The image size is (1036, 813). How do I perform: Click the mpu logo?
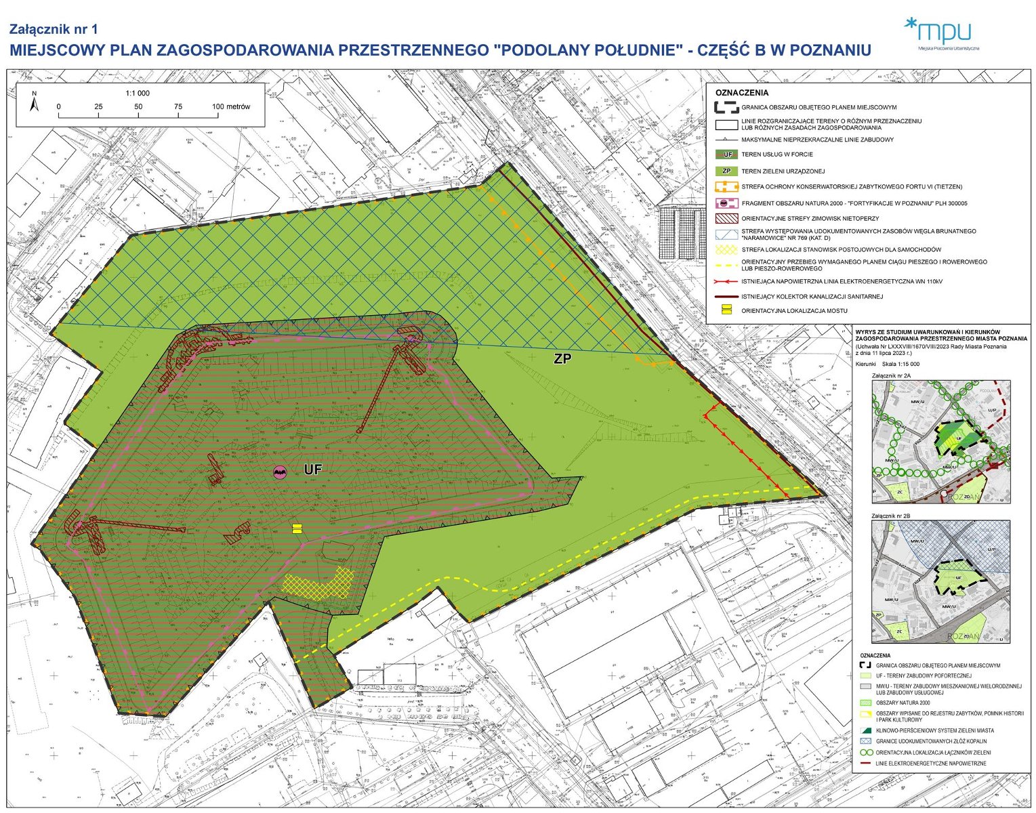(942, 33)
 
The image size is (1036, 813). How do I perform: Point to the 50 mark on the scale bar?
(138, 107)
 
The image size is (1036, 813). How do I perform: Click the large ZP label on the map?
(562, 359)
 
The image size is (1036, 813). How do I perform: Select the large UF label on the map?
(312, 470)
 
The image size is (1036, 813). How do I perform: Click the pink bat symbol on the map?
(280, 472)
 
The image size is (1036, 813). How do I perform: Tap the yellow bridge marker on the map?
(296, 528)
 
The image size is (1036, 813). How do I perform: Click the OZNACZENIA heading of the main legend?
(742, 93)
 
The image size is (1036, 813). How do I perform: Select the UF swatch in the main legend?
(726, 154)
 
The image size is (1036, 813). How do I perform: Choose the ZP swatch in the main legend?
(726, 171)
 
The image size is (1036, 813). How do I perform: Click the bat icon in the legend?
(726, 203)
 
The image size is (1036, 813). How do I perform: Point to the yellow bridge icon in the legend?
(726, 310)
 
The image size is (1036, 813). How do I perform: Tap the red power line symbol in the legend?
(726, 281)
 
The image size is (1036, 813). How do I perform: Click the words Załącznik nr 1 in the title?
(54, 29)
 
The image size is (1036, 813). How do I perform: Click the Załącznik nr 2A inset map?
(940, 442)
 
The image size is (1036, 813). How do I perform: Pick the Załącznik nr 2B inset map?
(940, 581)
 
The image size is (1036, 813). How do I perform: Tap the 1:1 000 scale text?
(138, 93)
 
